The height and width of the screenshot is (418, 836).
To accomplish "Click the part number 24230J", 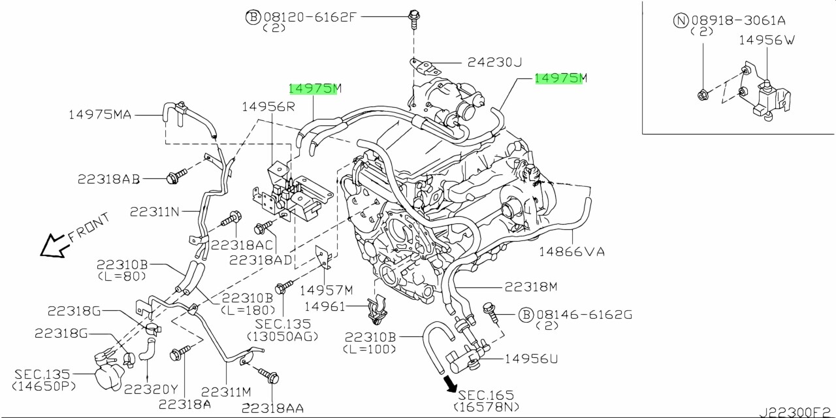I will pos(494,63).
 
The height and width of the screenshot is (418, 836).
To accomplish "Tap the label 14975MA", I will pos(100,115).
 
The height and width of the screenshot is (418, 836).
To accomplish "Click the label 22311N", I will pos(154,212).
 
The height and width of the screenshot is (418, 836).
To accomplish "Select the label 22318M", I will pos(530,286).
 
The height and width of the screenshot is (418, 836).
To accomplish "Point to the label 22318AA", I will pos(272,408).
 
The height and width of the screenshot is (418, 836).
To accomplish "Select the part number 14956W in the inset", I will pos(767,40).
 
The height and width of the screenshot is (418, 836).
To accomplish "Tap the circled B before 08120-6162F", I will pos(253,17).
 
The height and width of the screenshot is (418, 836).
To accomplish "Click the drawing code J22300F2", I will pos(795,413).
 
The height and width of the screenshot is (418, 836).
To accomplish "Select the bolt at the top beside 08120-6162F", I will pos(413,18).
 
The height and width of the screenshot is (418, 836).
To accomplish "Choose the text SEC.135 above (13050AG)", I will pos(283,324).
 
